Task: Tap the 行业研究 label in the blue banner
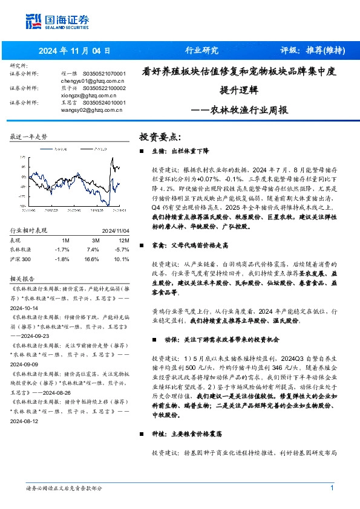tap(201, 51)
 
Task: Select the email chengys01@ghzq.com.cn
tap(92, 80)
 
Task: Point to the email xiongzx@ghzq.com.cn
tap(90, 95)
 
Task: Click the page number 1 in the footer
tap(332, 488)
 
